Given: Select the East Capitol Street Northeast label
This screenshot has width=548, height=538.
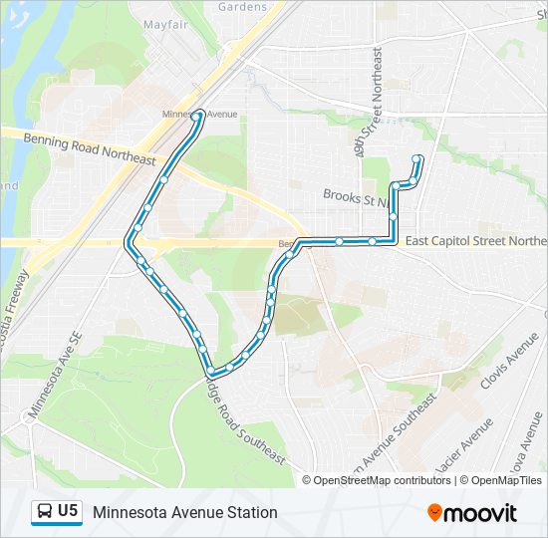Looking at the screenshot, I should tap(475, 241).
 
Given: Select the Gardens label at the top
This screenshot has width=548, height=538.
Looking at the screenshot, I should tap(243, 7).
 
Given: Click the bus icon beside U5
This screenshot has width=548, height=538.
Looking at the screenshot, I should tap(44, 512).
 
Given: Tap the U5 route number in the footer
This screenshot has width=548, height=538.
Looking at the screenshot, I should tap(68, 511).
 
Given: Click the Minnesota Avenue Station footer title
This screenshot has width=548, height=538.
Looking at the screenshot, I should tap(185, 512).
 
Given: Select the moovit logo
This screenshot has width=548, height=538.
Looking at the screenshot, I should tap(472, 512).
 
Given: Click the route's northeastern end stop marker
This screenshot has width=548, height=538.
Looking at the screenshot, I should tap(417, 158).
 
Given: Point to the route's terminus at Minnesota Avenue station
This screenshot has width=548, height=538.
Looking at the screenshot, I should tap(199, 117).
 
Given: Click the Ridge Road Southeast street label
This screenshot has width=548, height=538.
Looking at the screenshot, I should tap(243, 418).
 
